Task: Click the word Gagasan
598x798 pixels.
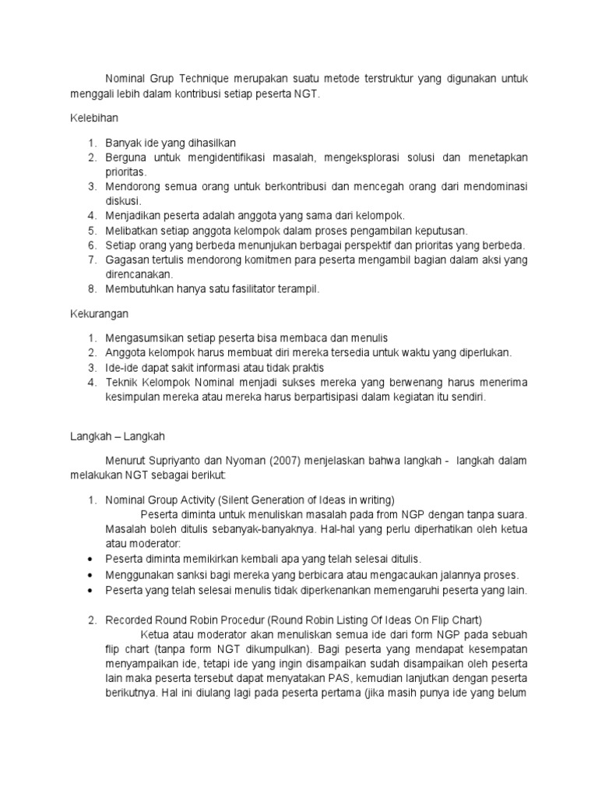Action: pyautogui.click(x=128, y=260)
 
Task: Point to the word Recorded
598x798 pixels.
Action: pyautogui.click(x=131, y=620)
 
